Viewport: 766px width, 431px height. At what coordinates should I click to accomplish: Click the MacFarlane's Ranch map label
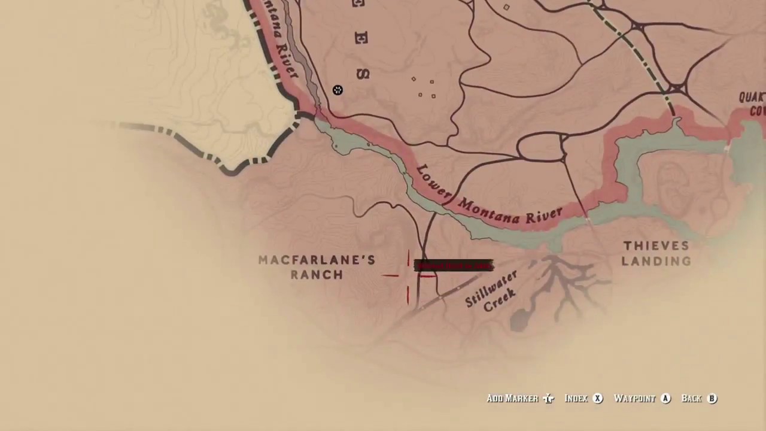(x=317, y=267)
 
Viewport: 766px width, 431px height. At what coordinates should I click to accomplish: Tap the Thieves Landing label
(x=656, y=253)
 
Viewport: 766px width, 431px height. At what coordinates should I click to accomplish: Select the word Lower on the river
(x=433, y=182)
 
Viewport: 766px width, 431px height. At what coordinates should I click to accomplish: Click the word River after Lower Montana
(x=544, y=215)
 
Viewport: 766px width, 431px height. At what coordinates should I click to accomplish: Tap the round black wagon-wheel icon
(x=338, y=90)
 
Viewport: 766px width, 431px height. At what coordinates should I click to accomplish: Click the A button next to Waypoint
(x=665, y=398)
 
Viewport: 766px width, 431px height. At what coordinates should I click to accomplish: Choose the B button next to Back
(x=712, y=398)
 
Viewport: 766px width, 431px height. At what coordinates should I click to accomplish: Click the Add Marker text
(x=512, y=398)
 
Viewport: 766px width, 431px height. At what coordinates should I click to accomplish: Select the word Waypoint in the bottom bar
(x=634, y=398)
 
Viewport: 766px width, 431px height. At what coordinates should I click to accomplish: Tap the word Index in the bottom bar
(x=576, y=398)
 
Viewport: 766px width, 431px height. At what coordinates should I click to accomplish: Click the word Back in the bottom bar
(x=691, y=398)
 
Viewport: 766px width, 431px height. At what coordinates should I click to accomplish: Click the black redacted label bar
(x=454, y=265)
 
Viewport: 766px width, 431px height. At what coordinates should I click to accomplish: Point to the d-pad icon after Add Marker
(x=549, y=399)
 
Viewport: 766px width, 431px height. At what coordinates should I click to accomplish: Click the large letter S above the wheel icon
(x=363, y=74)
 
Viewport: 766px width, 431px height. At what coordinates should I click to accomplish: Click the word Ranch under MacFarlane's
(x=317, y=275)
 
